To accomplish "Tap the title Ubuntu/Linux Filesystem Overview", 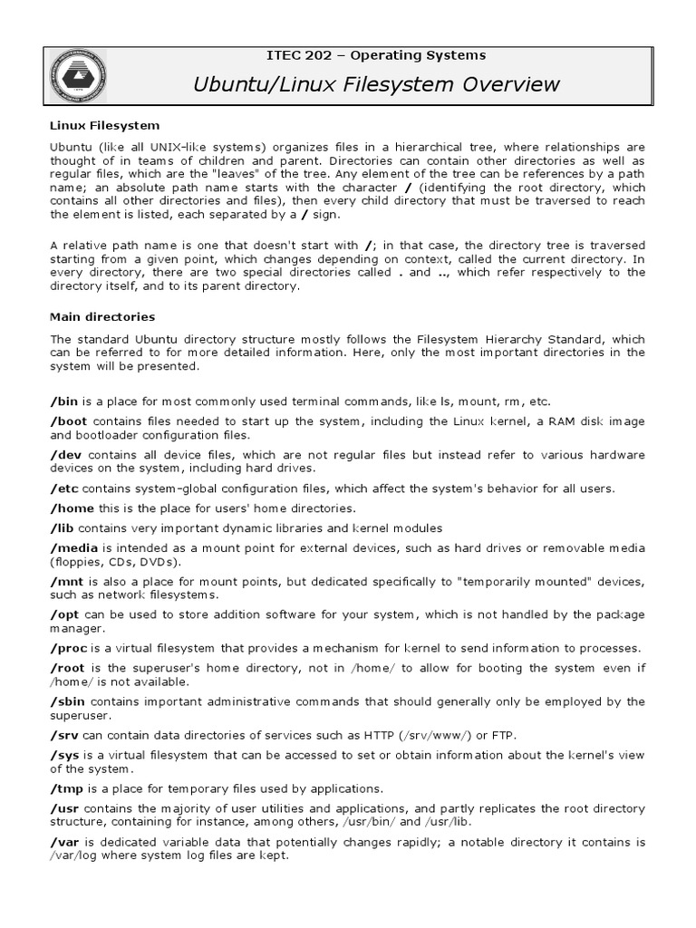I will (376, 85).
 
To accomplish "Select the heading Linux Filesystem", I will (104, 124).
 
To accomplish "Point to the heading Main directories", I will (102, 317).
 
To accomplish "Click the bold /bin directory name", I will (63, 401).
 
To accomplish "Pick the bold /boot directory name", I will (70, 421).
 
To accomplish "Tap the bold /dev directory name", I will (66, 454).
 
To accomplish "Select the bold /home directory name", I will (71, 507).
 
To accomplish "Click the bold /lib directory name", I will (63, 527).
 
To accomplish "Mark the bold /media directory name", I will (74, 548).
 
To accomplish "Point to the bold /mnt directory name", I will (67, 581).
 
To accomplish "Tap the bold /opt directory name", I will (65, 614).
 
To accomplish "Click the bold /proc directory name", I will (69, 647).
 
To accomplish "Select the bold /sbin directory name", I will (69, 701).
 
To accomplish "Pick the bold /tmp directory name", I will (66, 788).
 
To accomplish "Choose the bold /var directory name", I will (65, 842).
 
